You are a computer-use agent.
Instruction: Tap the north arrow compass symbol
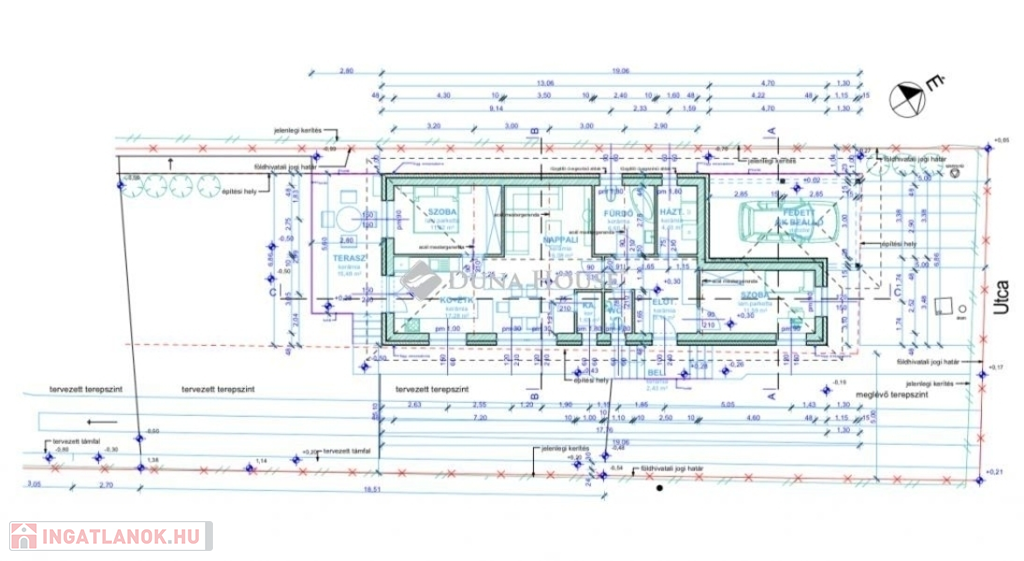(910, 97)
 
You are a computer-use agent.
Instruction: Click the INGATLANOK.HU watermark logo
(110, 536)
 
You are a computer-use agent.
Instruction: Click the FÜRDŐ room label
(613, 214)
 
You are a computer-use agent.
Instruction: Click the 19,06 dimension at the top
(620, 71)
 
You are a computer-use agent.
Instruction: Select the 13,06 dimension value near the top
(545, 84)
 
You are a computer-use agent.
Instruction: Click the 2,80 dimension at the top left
(347, 71)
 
